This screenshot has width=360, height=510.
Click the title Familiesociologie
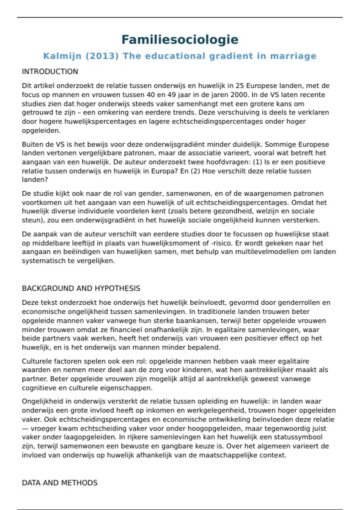pyautogui.click(x=180, y=40)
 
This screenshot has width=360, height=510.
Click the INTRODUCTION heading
pyautogui.click(x=50, y=72)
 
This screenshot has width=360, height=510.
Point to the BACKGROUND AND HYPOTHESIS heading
pyautogui.click(x=81, y=288)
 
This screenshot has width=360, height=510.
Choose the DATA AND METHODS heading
pyautogui.click(x=60, y=483)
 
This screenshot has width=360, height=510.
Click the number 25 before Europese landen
pyautogui.click(x=239, y=86)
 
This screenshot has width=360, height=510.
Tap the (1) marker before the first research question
pyautogui.click(x=257, y=162)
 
